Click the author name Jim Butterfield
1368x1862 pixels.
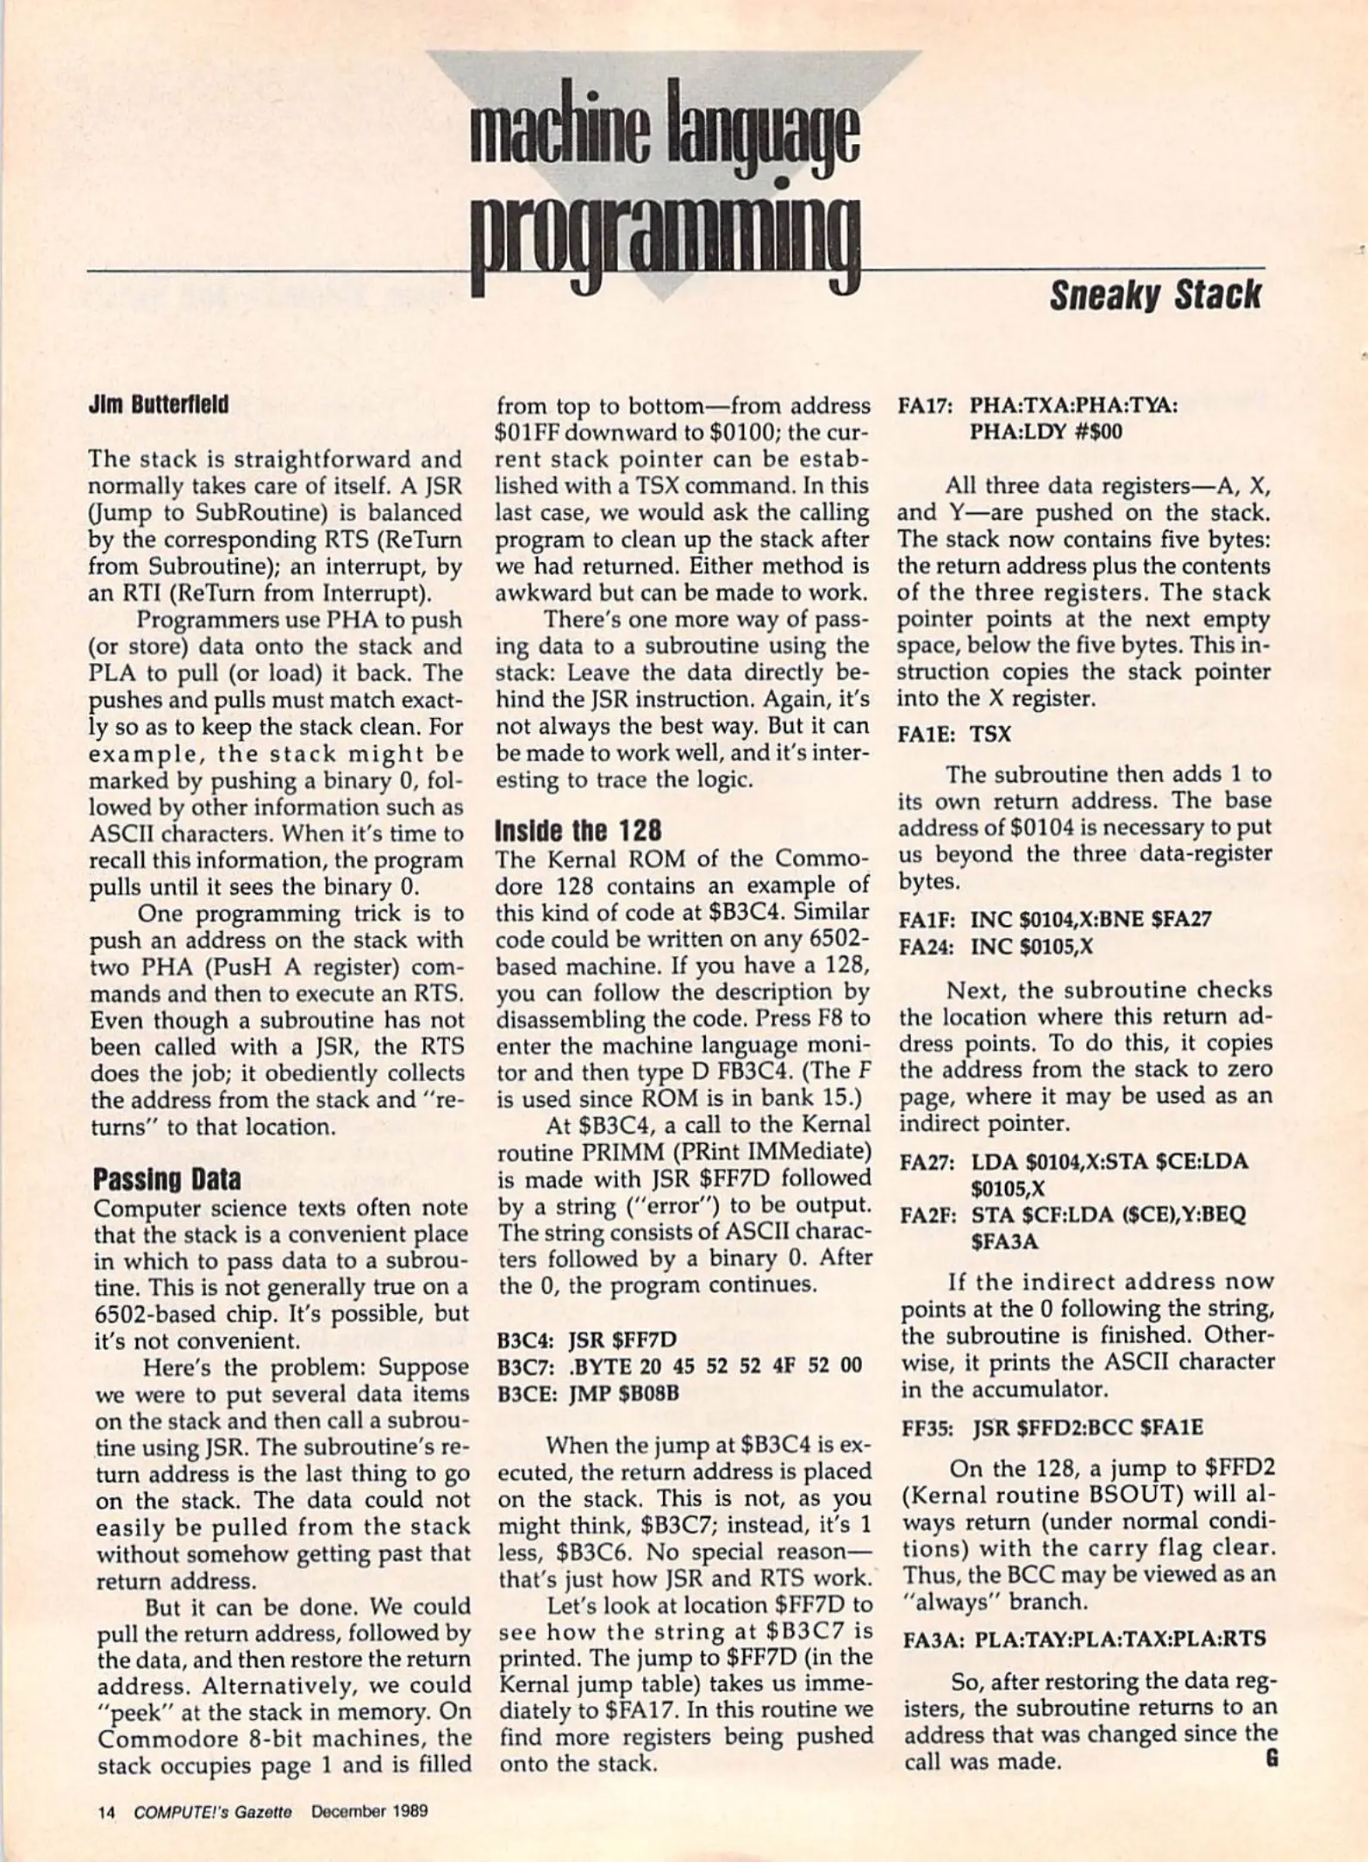[x=159, y=405]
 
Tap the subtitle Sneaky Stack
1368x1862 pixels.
[x=1154, y=296]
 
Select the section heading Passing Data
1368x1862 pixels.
[x=166, y=1179]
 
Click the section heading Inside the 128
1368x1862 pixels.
[x=578, y=831]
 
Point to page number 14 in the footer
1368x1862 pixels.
[x=106, y=1811]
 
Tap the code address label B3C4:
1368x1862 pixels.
[x=527, y=1340]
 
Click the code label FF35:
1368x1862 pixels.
[x=928, y=1428]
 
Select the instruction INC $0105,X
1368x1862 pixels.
[x=1031, y=947]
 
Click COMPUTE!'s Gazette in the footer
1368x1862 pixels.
[x=213, y=1811]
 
